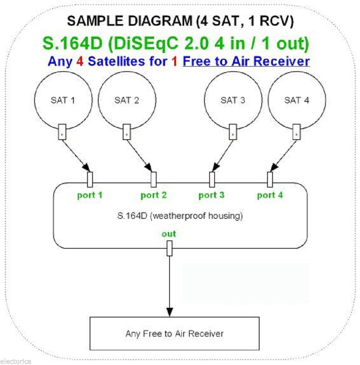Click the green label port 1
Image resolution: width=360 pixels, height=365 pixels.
click(90, 195)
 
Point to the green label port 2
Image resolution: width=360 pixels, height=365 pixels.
click(154, 195)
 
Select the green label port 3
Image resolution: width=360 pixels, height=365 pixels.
click(211, 195)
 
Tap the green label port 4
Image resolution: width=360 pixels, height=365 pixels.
click(270, 195)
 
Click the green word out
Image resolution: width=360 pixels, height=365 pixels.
click(169, 234)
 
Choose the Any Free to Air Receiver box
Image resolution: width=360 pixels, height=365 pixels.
click(174, 333)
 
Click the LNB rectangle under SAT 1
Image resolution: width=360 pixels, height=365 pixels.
click(62, 132)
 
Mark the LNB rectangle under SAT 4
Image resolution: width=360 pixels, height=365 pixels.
click(297, 132)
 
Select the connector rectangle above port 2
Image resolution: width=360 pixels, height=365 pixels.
click(154, 179)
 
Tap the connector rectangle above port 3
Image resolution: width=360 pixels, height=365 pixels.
click(212, 179)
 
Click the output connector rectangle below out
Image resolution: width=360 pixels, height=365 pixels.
click(169, 248)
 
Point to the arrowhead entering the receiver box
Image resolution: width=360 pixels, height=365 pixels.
click(169, 312)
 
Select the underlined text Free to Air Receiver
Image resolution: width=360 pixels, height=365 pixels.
click(246, 61)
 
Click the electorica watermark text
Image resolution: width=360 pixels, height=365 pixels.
click(16, 361)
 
